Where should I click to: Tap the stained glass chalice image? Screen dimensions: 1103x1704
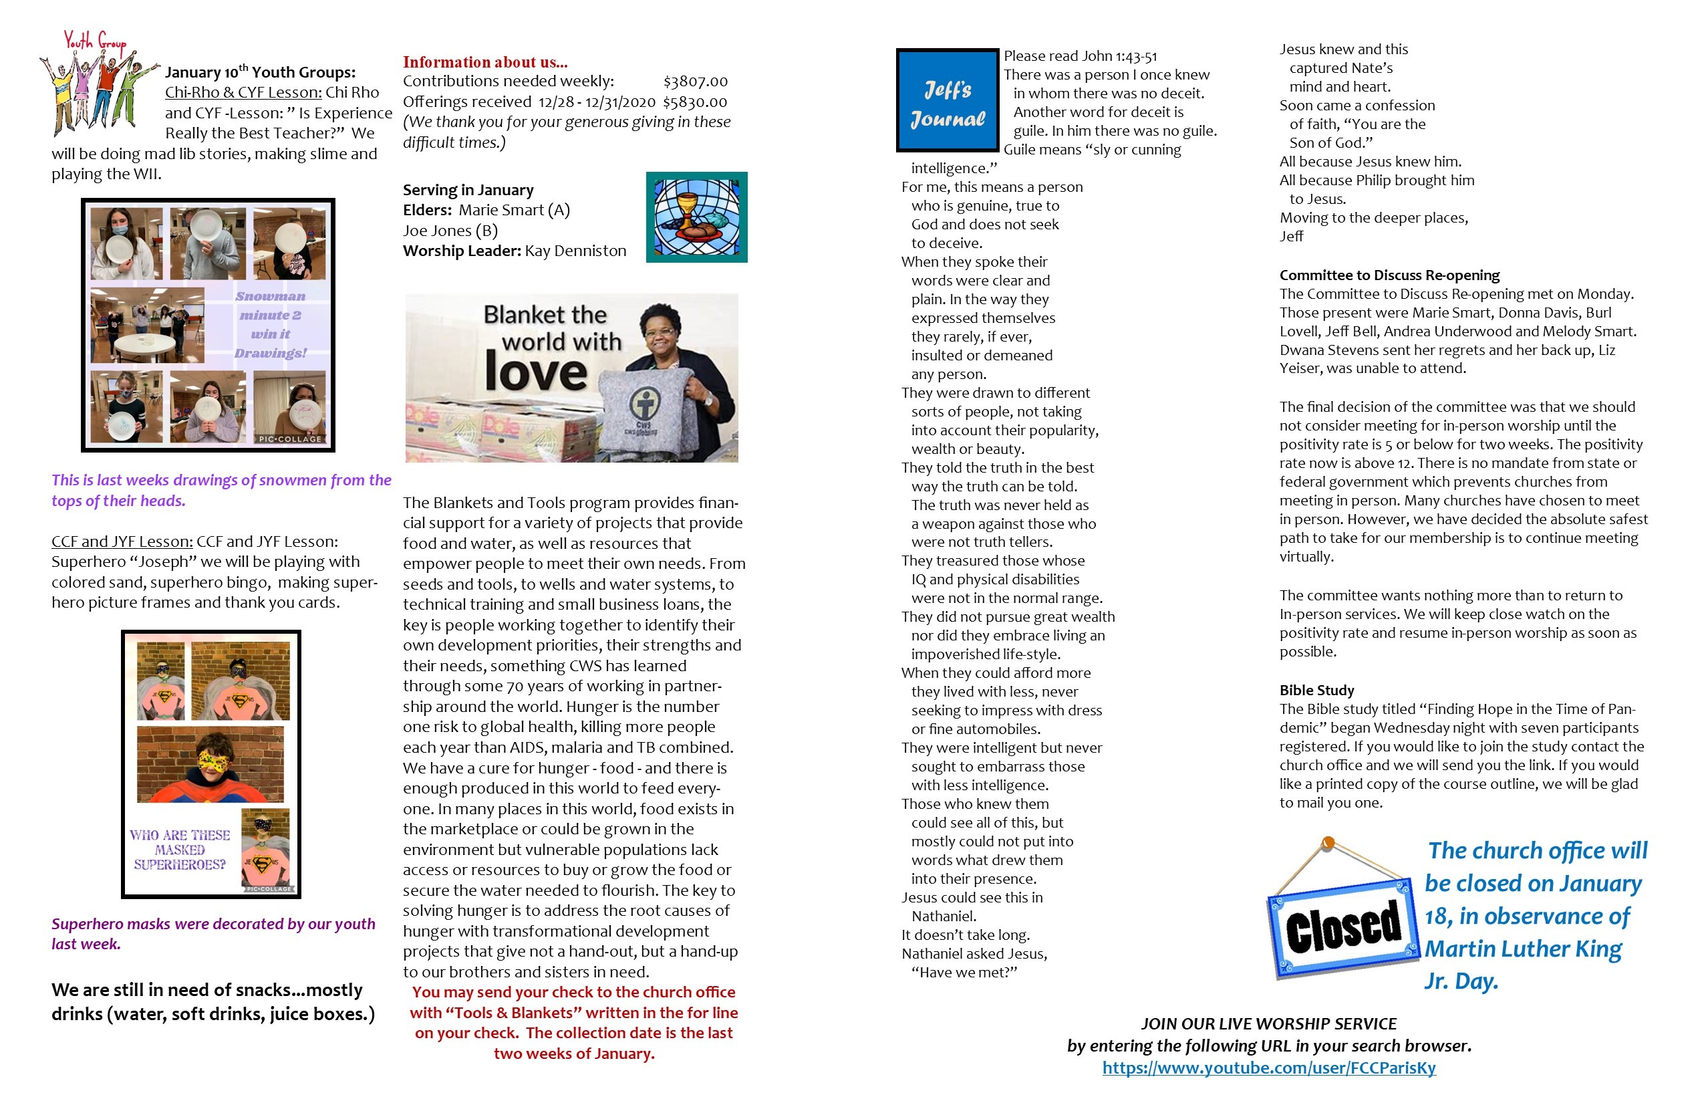(696, 217)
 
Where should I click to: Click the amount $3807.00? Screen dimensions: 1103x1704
(695, 82)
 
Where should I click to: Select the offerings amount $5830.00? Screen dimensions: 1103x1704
(694, 102)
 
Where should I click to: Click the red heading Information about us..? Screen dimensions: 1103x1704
(484, 62)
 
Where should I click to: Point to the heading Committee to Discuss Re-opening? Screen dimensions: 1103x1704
(1389, 275)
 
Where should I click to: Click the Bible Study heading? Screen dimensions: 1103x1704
(1316, 691)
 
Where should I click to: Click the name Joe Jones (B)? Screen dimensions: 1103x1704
(450, 231)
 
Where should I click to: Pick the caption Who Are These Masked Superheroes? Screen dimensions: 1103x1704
(180, 850)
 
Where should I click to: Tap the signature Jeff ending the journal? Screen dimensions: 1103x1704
(1291, 237)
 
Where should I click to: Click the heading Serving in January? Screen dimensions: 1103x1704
(468, 190)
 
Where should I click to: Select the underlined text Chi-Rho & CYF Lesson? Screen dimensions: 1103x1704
(243, 92)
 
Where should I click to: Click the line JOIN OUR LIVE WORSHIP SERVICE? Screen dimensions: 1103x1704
(1268, 1024)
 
